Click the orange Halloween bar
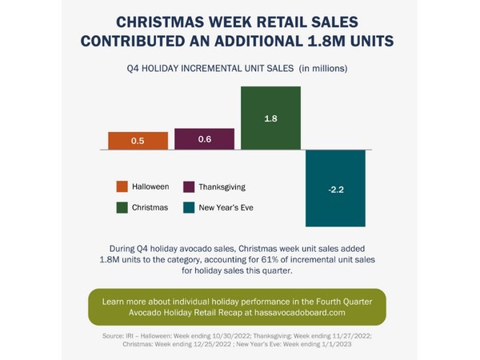[138, 141]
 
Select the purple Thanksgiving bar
[204, 139]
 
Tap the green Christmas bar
[270, 118]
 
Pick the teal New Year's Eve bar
[336, 188]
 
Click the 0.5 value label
[138, 141]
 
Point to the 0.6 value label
[204, 139]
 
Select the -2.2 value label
[336, 190]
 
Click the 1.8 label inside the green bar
[270, 118]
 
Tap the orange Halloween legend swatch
[122, 186]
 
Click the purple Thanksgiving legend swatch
[190, 186]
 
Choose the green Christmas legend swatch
[122, 207]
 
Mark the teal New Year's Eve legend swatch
[190, 207]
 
